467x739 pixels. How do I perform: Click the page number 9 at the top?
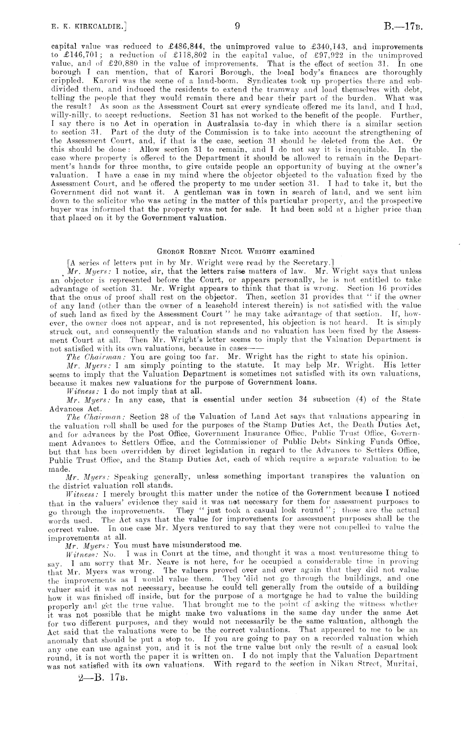(x=237, y=27)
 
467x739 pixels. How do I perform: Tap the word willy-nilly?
(x=67, y=115)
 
